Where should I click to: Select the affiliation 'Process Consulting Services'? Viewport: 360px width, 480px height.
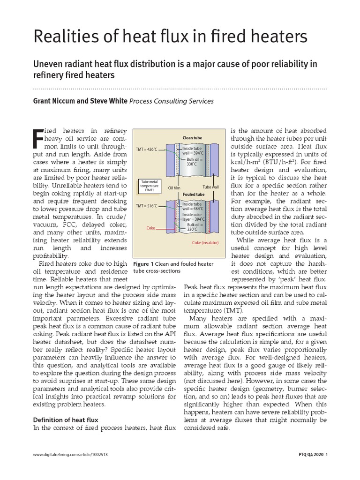[171, 101]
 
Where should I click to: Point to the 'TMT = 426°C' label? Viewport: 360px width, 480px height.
[147, 150]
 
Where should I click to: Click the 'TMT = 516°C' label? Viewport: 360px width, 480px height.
[147, 206]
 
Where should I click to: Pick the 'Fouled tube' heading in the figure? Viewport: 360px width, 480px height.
[193, 194]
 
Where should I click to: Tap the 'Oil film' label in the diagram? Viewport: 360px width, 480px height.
[174, 188]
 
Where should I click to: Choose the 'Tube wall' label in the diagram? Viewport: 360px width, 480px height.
[210, 188]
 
